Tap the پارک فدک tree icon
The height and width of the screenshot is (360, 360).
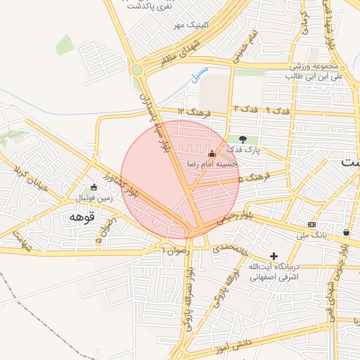click(243, 140)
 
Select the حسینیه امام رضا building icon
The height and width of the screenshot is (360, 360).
click(212, 153)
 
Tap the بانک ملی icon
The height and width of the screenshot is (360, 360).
click(312, 224)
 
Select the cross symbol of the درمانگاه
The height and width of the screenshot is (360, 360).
click(274, 256)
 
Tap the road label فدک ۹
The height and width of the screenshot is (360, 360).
click(279, 111)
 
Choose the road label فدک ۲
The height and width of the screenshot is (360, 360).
click(246, 110)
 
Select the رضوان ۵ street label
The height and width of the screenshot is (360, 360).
click(105, 231)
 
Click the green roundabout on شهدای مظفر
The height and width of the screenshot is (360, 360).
click(136, 70)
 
